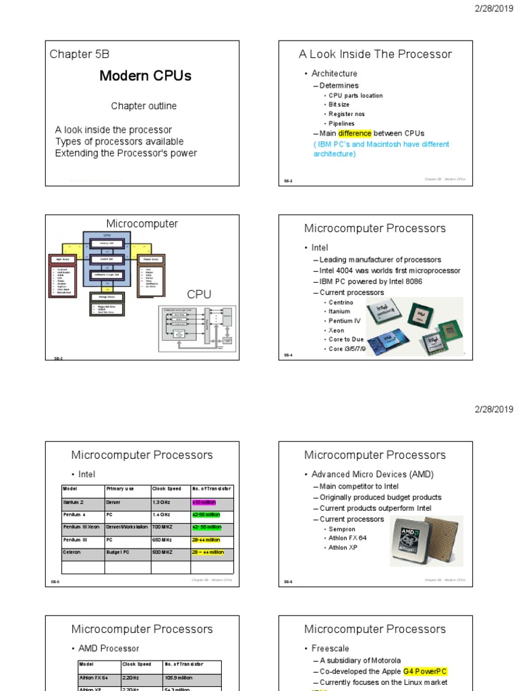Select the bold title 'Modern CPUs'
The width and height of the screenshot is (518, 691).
coord(145,76)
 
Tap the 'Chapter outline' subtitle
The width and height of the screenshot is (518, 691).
coord(144,106)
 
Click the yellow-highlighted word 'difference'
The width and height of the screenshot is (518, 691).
coord(355,134)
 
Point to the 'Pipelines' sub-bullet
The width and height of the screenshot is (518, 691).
coord(341,124)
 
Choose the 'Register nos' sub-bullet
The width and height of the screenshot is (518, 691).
coord(347,115)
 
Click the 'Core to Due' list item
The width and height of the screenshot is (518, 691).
coord(345,340)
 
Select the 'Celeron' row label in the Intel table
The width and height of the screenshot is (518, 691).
coord(71,552)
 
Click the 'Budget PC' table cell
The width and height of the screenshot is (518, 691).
coord(120,552)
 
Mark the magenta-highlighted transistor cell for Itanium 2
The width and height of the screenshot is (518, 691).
coord(205,503)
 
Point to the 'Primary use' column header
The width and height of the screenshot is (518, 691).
coord(121,489)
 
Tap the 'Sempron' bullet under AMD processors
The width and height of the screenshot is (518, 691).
coord(343,529)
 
